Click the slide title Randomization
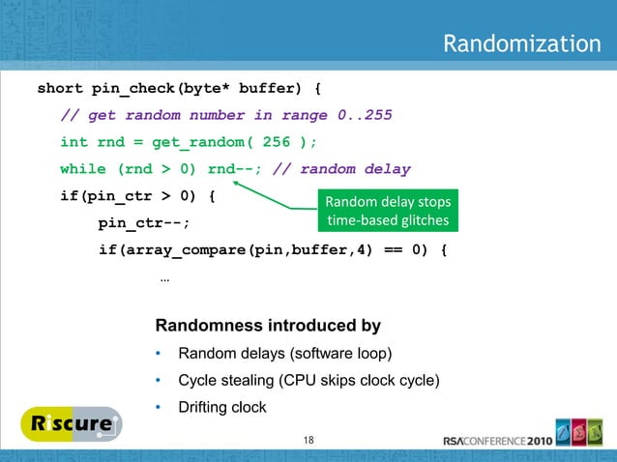tap(521, 44)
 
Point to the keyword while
tap(82, 169)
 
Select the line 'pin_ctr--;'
tap(143, 223)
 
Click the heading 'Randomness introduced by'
tap(268, 325)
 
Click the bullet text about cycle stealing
tap(309, 380)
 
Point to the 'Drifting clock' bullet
tap(222, 408)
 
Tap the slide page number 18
tap(308, 441)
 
